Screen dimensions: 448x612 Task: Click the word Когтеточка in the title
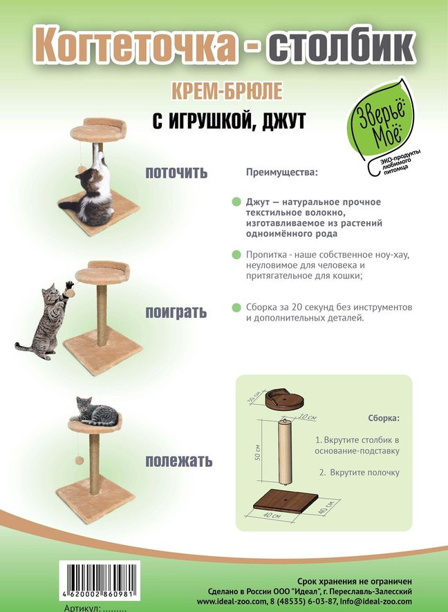coord(135,46)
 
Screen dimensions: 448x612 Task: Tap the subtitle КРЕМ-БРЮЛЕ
coord(227,91)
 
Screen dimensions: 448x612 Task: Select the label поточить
coord(176,173)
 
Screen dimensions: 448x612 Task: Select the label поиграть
coord(176,313)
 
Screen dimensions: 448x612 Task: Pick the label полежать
coord(179,461)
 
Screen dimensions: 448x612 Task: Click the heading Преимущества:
coord(281,172)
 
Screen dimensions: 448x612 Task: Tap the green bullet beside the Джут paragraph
coord(236,202)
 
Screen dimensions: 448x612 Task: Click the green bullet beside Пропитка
coord(236,255)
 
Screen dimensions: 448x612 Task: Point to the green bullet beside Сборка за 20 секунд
coord(236,307)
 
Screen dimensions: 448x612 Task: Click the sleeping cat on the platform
coord(95,412)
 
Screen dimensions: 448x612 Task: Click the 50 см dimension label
coord(257,452)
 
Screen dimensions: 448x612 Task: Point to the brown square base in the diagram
coord(286,502)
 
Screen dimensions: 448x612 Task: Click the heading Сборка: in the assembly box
coord(384,418)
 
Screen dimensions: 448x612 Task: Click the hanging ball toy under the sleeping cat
coord(80,460)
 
